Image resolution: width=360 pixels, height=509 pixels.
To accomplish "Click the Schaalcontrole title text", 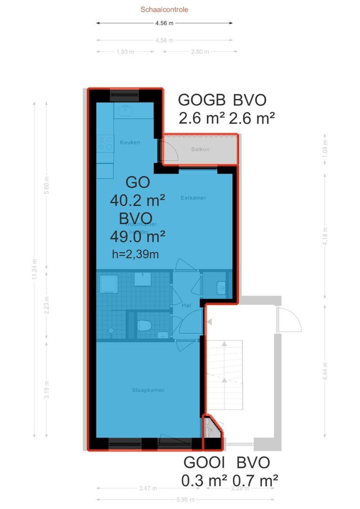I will pos(164,9).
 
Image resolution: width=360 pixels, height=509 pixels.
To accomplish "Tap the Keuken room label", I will pos(130,142).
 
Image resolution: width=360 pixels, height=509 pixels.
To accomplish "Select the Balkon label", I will pos(200,149).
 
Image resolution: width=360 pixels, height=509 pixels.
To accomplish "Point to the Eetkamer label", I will pos(193,198).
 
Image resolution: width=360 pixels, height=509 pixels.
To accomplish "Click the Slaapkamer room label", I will pos(148,390).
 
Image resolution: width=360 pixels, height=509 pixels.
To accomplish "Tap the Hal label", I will pos(186,306).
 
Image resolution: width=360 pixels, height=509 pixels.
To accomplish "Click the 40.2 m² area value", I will pos(137,201).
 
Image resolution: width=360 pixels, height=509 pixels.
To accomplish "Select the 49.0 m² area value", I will pos(137,236).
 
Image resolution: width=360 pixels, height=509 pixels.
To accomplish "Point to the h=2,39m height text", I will pos(135,254).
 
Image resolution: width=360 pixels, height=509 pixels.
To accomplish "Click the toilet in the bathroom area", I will pos(144,325).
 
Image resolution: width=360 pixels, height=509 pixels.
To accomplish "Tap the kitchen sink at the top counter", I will pos(125,110).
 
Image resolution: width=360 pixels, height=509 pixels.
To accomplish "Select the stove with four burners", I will pos(105,143).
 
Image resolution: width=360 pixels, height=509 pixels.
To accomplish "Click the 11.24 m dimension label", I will pos(34,270).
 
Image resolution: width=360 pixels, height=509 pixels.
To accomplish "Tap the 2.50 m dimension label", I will pos(200,52).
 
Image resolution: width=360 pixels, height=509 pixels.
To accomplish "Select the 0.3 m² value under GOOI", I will pos(204,481).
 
